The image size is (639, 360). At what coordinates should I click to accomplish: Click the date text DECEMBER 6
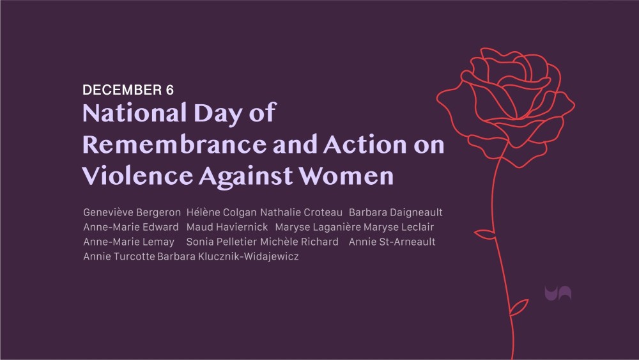(x=128, y=90)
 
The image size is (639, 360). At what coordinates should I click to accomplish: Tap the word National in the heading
(x=134, y=113)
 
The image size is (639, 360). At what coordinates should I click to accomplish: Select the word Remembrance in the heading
(x=174, y=145)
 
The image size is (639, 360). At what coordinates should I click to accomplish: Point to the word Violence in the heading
(x=138, y=176)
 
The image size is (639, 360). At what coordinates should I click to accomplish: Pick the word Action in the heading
(x=365, y=145)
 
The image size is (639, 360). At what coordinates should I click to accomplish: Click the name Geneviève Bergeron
(x=132, y=212)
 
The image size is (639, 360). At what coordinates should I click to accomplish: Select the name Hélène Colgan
(x=221, y=212)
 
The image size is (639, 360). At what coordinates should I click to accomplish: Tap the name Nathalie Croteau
(x=301, y=212)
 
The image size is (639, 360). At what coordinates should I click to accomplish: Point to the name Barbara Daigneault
(x=396, y=212)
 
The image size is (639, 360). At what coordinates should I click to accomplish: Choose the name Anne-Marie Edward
(x=131, y=227)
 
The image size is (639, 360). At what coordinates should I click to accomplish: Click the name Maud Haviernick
(x=227, y=227)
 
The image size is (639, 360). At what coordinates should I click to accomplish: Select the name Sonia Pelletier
(x=221, y=242)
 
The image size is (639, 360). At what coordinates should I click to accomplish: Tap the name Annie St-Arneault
(x=392, y=242)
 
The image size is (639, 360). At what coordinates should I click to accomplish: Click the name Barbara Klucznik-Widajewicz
(x=228, y=256)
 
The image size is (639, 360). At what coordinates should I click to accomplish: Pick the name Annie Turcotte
(x=119, y=256)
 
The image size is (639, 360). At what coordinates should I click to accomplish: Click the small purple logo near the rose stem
(x=558, y=293)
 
